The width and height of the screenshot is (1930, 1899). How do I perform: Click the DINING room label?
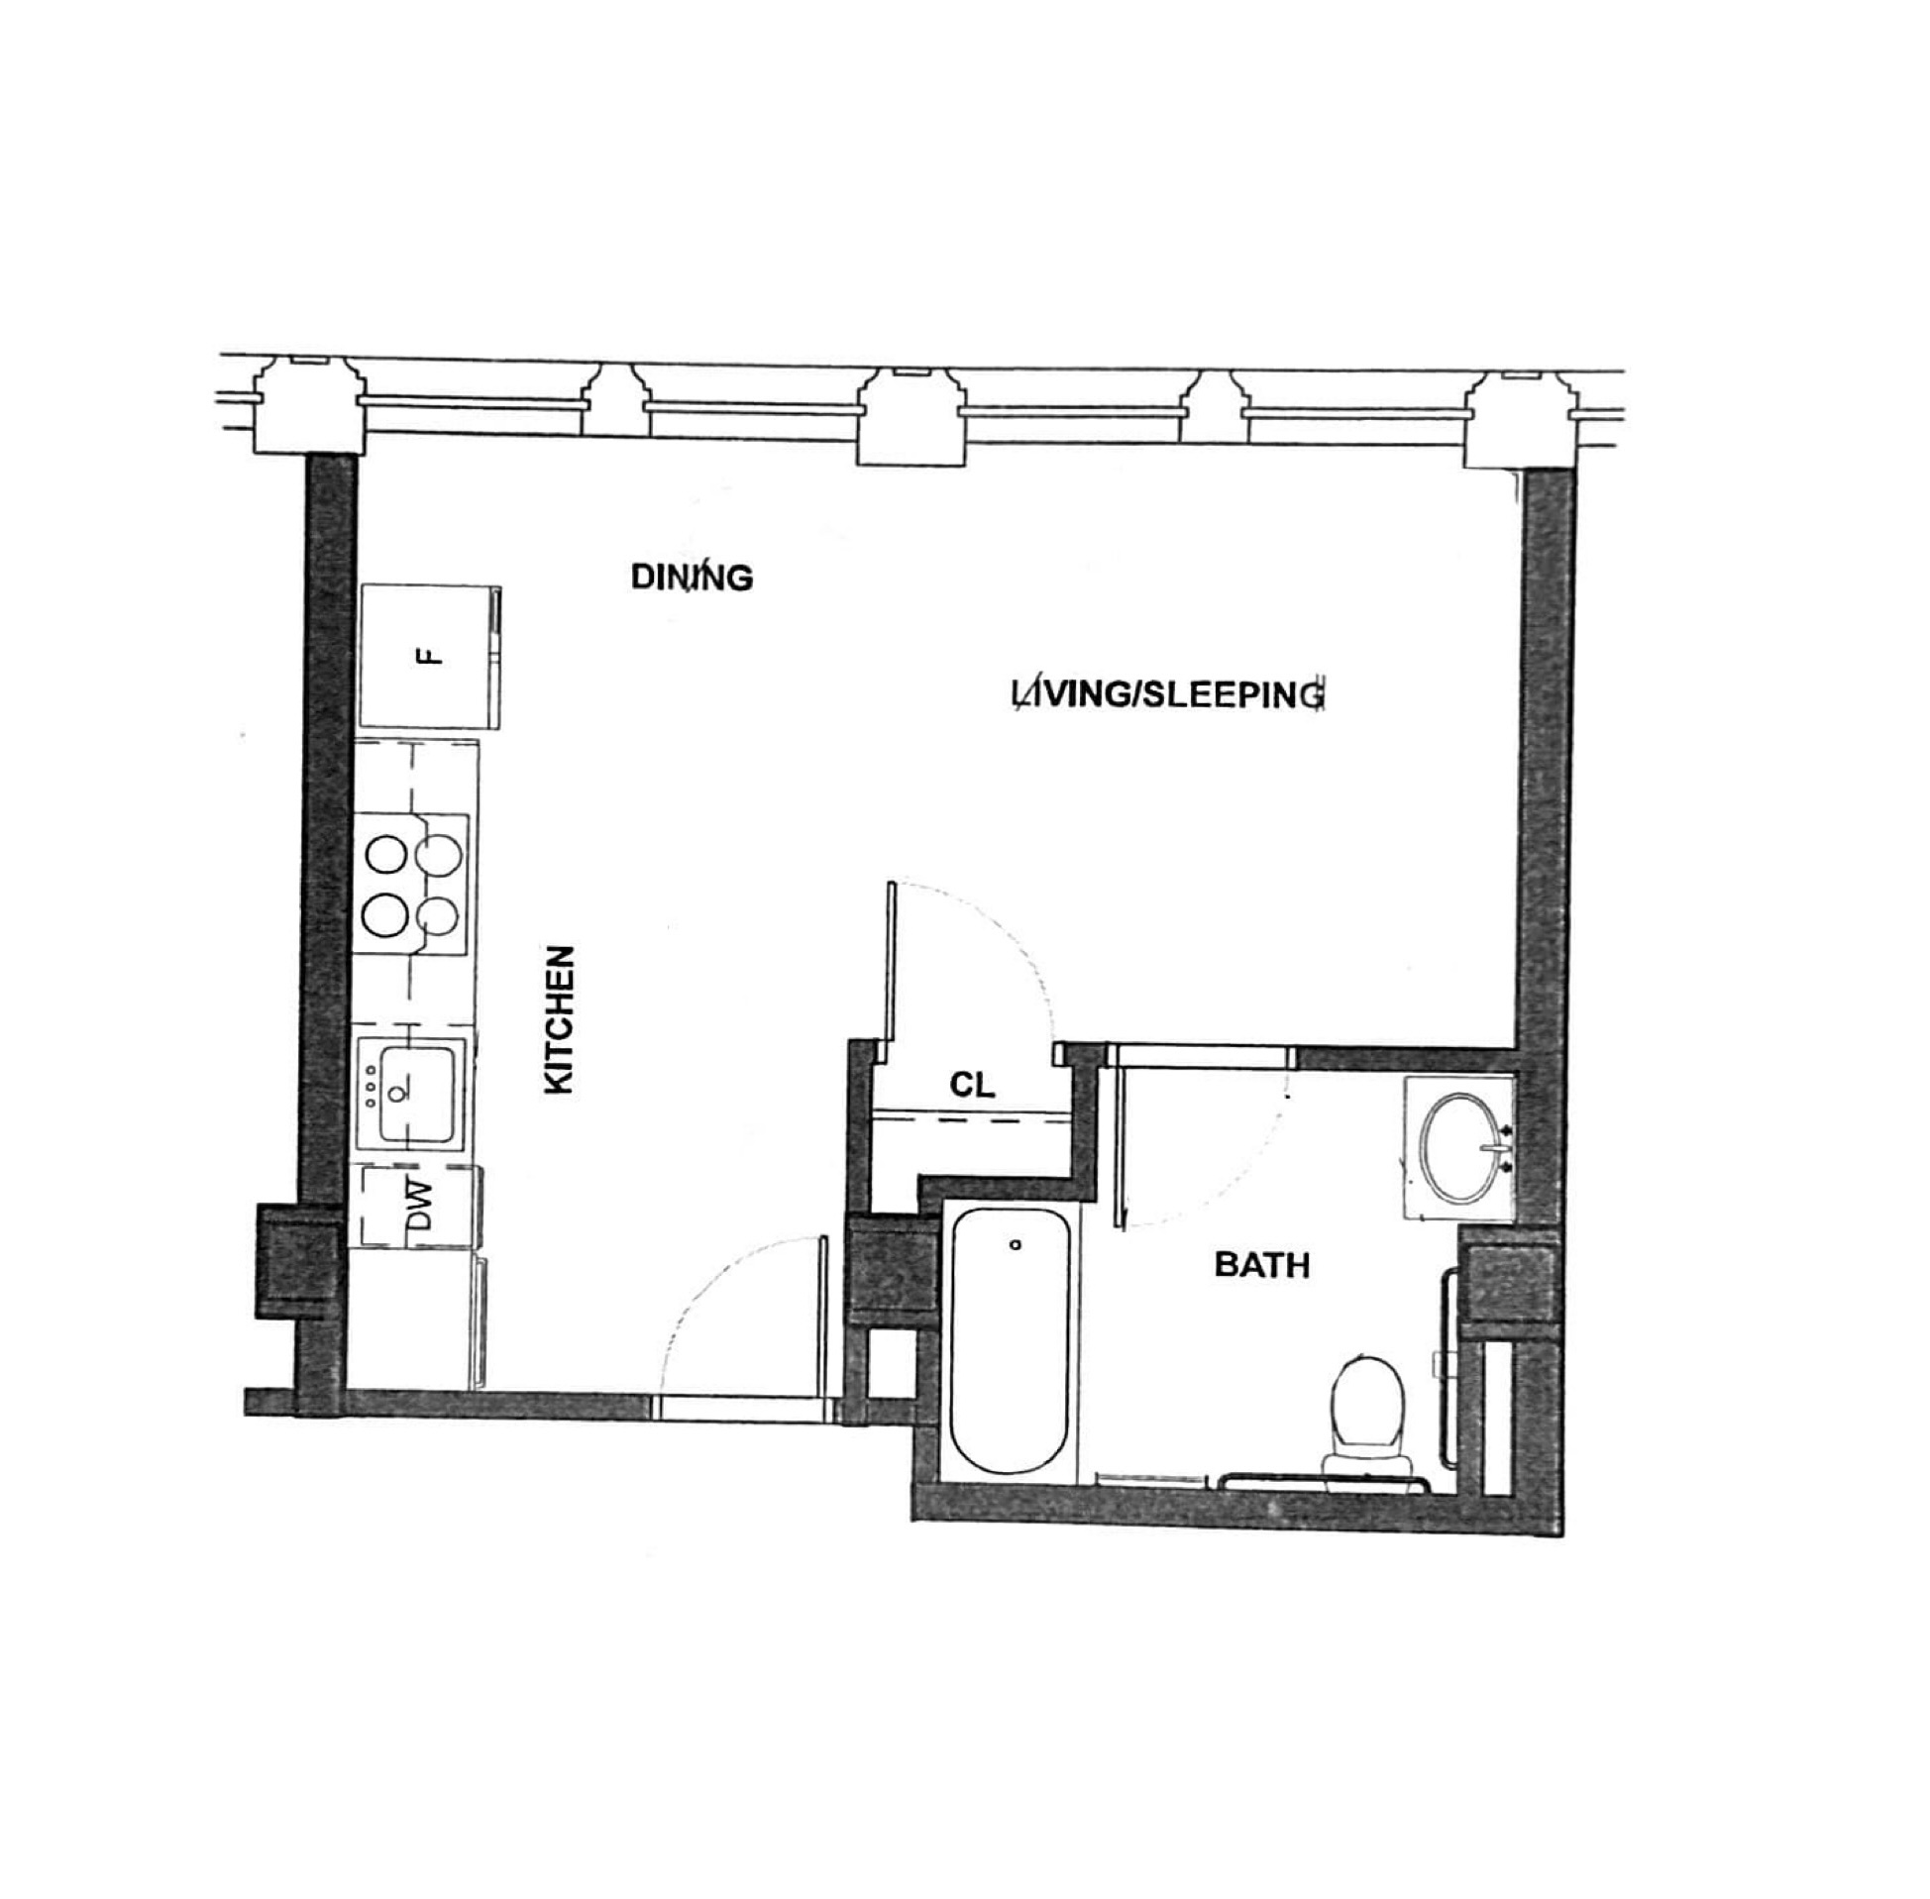[692, 577]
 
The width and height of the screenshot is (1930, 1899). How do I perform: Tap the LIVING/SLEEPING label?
[1168, 694]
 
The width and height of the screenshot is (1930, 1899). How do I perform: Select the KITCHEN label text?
[560, 1019]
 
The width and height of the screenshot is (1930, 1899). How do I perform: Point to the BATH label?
[1260, 1266]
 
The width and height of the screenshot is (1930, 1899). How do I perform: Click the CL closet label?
[972, 1084]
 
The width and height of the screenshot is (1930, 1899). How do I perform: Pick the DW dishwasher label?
[421, 1205]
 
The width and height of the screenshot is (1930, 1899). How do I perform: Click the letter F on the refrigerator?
[428, 655]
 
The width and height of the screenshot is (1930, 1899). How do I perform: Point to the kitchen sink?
[418, 1092]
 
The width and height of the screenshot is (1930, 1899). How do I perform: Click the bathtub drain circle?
[1016, 1245]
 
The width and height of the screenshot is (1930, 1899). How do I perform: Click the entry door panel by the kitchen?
[823, 1315]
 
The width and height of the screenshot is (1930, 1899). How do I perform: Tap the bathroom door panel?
[1121, 1146]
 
